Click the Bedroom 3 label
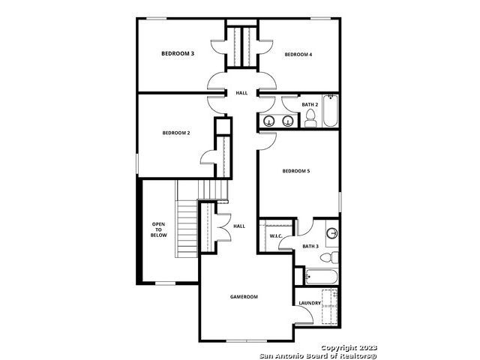click(178, 53)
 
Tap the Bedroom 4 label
click(298, 55)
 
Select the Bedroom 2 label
click(176, 133)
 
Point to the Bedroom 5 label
click(296, 171)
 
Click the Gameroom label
click(244, 297)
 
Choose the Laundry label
click(310, 303)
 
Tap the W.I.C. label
click(276, 236)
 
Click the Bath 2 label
click(310, 105)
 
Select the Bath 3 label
click(310, 246)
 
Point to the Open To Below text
click(158, 229)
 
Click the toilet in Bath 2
click(310, 118)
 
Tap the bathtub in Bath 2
click(331, 111)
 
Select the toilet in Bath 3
click(329, 257)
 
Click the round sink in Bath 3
click(331, 233)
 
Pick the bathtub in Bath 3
click(322, 277)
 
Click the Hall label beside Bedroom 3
click(241, 93)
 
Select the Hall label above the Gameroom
click(239, 226)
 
